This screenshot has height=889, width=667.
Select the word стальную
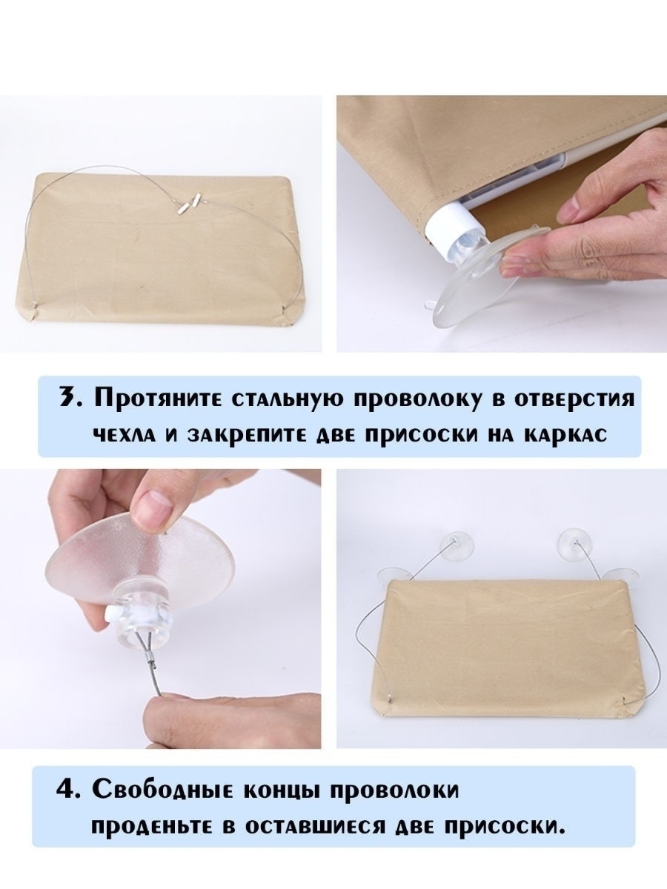[x=289, y=399]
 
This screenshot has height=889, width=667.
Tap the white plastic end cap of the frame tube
[x=448, y=226]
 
